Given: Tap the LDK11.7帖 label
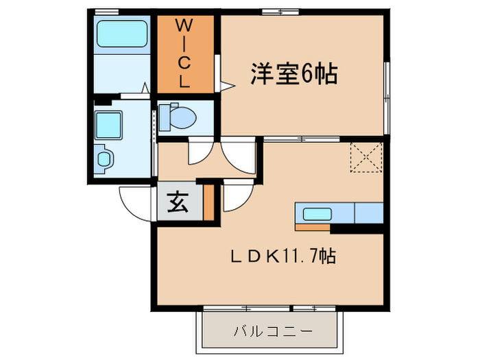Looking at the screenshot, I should click(x=282, y=257).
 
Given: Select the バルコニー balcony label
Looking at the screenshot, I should click(x=271, y=331).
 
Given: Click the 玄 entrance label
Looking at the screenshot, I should click(x=177, y=203).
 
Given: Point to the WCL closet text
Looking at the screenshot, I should click(x=184, y=54).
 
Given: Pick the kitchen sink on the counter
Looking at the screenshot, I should click(x=317, y=214).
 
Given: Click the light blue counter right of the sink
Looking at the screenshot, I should click(x=369, y=214).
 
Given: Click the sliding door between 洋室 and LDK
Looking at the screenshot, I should click(x=302, y=139).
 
